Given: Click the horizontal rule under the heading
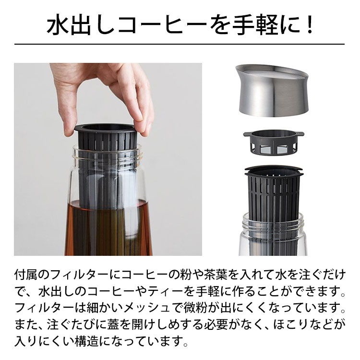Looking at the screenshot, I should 180,44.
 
